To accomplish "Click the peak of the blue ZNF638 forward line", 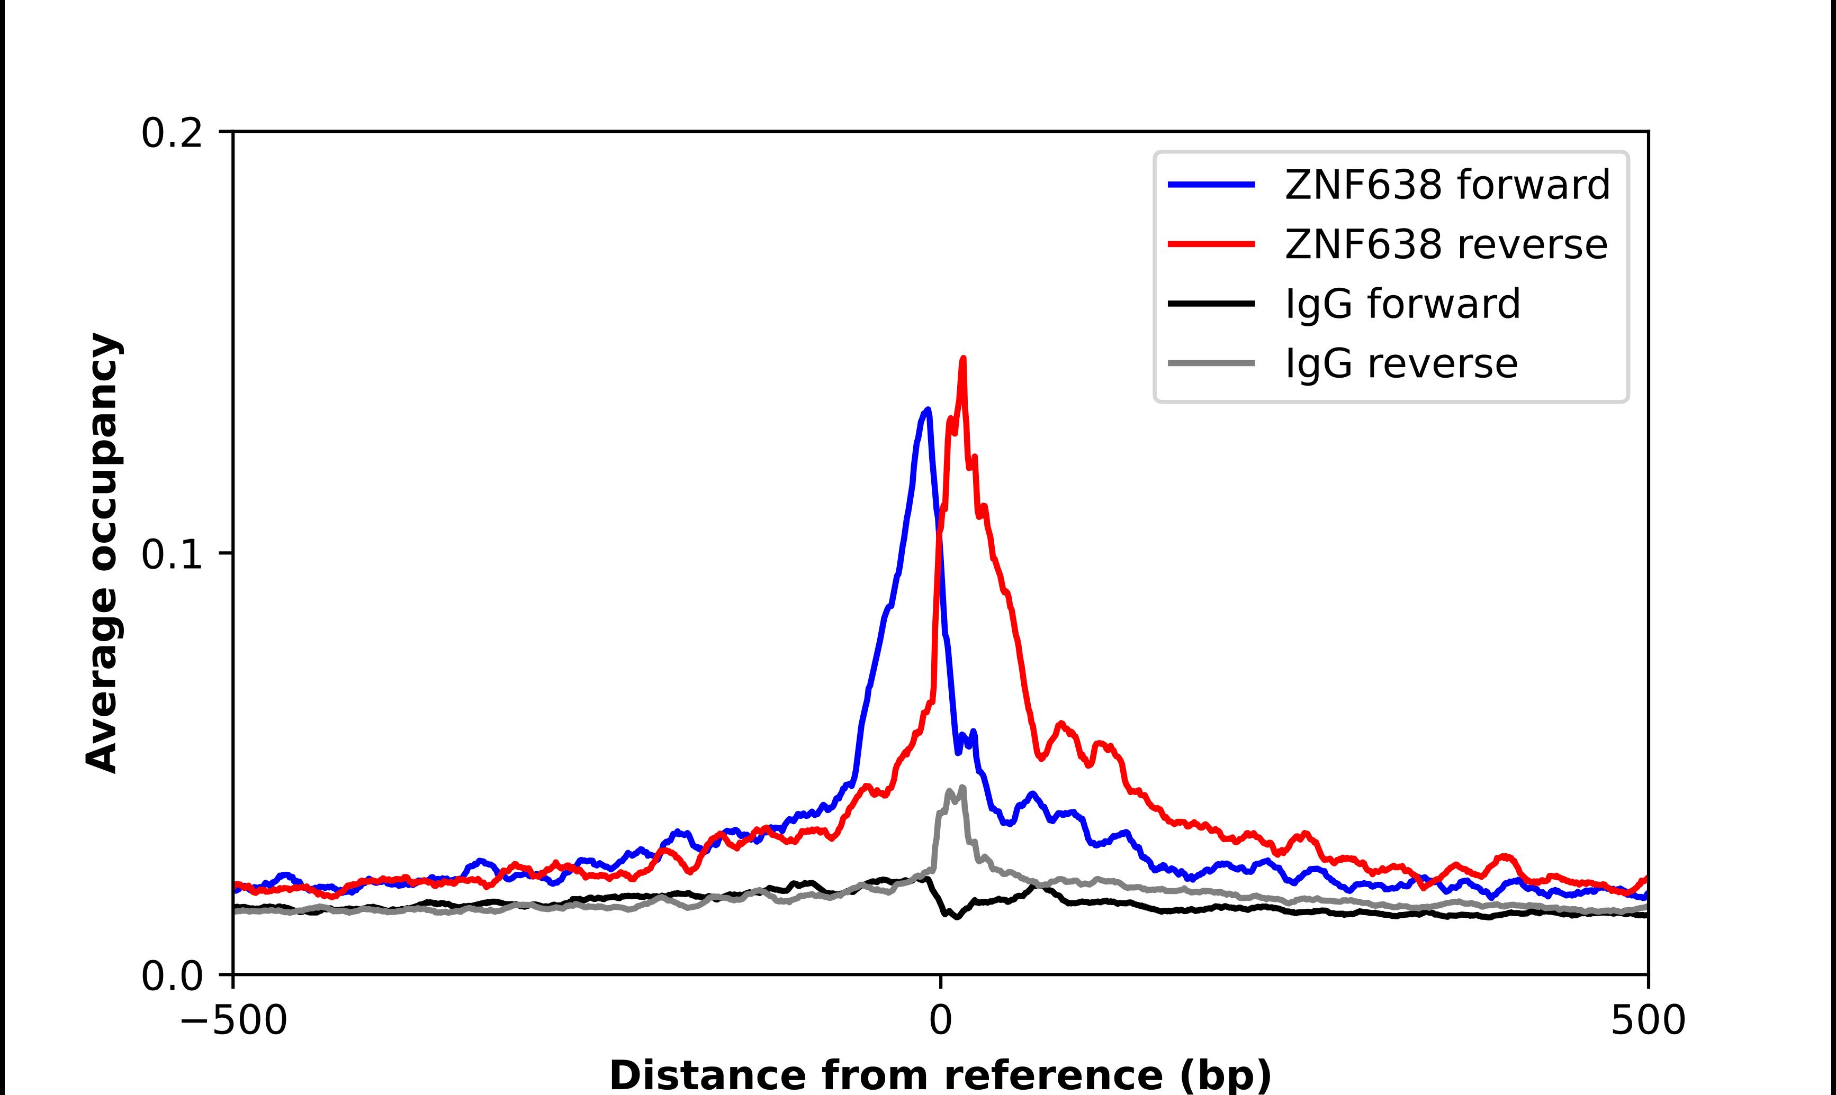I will pos(927,410).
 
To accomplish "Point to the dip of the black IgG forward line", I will pos(957,916).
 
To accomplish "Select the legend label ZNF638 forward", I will pos(1447,185).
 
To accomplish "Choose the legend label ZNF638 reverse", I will pos(1445,244).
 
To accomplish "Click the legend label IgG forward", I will pos(1402,303).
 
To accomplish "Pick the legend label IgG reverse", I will pos(1401,363).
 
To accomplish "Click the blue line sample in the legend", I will pos(1211,185).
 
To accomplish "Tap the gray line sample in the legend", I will pos(1211,363).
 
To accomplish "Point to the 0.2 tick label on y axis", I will pos(172,133).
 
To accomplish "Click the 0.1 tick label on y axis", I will pos(172,555).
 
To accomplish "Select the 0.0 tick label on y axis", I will pos(172,976).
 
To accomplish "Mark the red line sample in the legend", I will pos(1211,244).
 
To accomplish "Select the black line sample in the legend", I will pos(1211,303).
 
